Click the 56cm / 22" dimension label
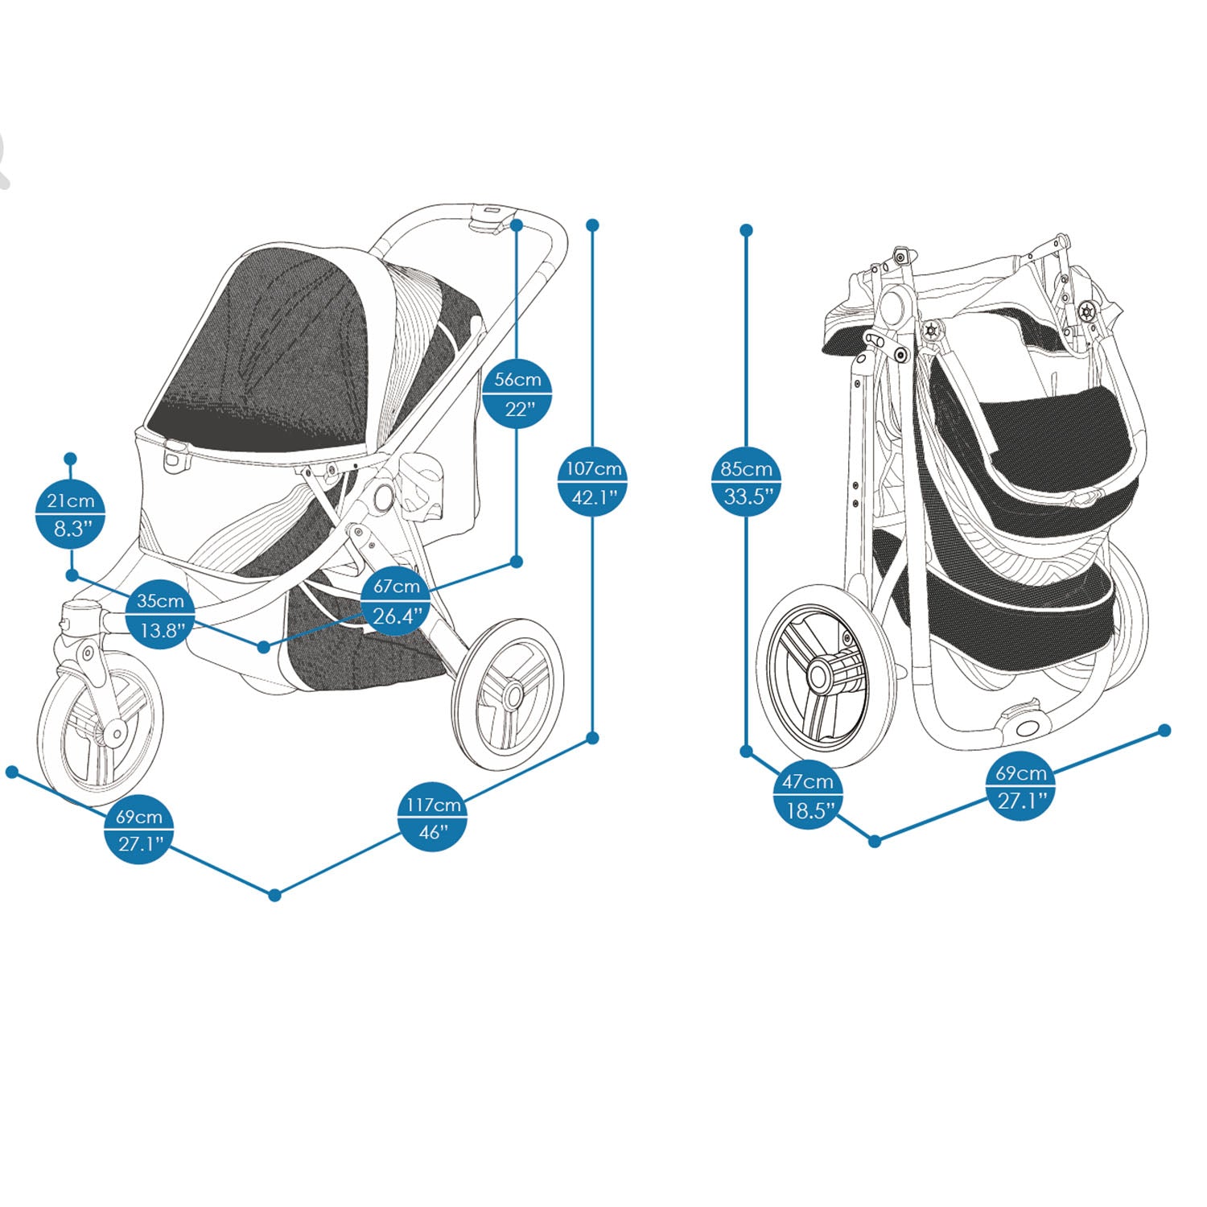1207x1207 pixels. pos(517,393)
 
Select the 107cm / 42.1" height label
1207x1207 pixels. pos(593,482)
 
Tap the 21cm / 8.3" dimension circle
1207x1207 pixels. pos(71,514)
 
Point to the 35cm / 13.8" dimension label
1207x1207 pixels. pos(160,615)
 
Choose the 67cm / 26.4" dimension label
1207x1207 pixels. pos(397,601)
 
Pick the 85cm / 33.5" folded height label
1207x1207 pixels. pos(747,482)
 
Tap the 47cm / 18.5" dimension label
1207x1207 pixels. pos(808,795)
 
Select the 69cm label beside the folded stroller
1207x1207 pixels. pos(1021,786)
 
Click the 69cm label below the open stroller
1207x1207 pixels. pos(139,830)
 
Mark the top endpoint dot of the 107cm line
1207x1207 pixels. pos(593,225)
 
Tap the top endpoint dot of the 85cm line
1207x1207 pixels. pos(747,230)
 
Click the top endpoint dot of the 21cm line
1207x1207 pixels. pos(71,459)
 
